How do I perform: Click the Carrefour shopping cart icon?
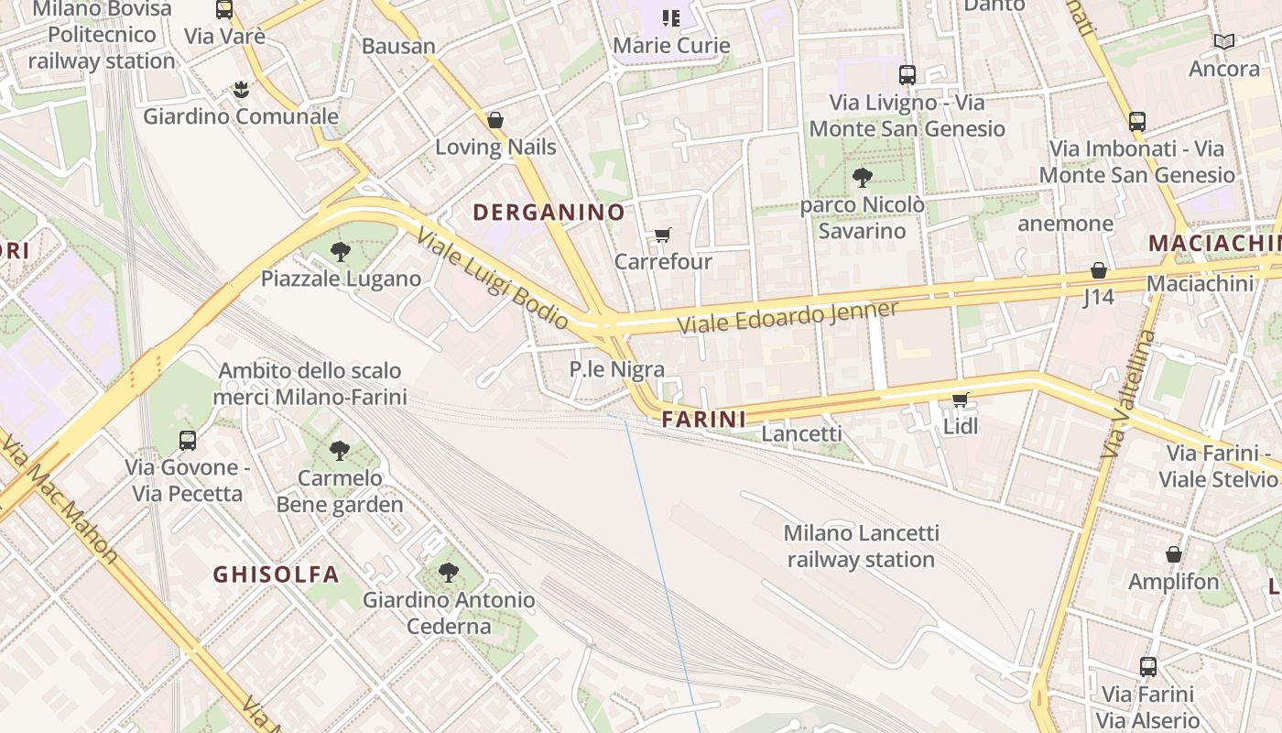tap(663, 235)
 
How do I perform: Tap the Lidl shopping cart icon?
tap(961, 399)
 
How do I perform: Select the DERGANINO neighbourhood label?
tap(549, 213)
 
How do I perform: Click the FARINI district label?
tap(703, 420)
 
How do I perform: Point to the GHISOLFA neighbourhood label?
tap(276, 574)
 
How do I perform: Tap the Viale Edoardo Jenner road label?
tap(788, 316)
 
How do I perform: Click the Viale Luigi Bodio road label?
tap(493, 278)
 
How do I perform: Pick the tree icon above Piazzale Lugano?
tap(341, 251)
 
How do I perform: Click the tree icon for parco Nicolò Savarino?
tap(862, 178)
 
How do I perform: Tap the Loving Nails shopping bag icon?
tap(495, 120)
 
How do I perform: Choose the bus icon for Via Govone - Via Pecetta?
tap(188, 440)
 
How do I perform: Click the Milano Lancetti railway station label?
tap(861, 546)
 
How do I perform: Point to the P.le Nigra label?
tap(616, 369)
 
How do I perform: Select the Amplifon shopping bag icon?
tap(1173, 554)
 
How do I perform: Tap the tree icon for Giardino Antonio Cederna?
tap(448, 573)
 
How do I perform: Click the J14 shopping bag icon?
tap(1098, 270)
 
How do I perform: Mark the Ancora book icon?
tap(1223, 41)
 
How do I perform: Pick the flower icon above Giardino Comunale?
tap(240, 89)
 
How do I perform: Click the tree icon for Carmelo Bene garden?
tap(340, 450)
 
